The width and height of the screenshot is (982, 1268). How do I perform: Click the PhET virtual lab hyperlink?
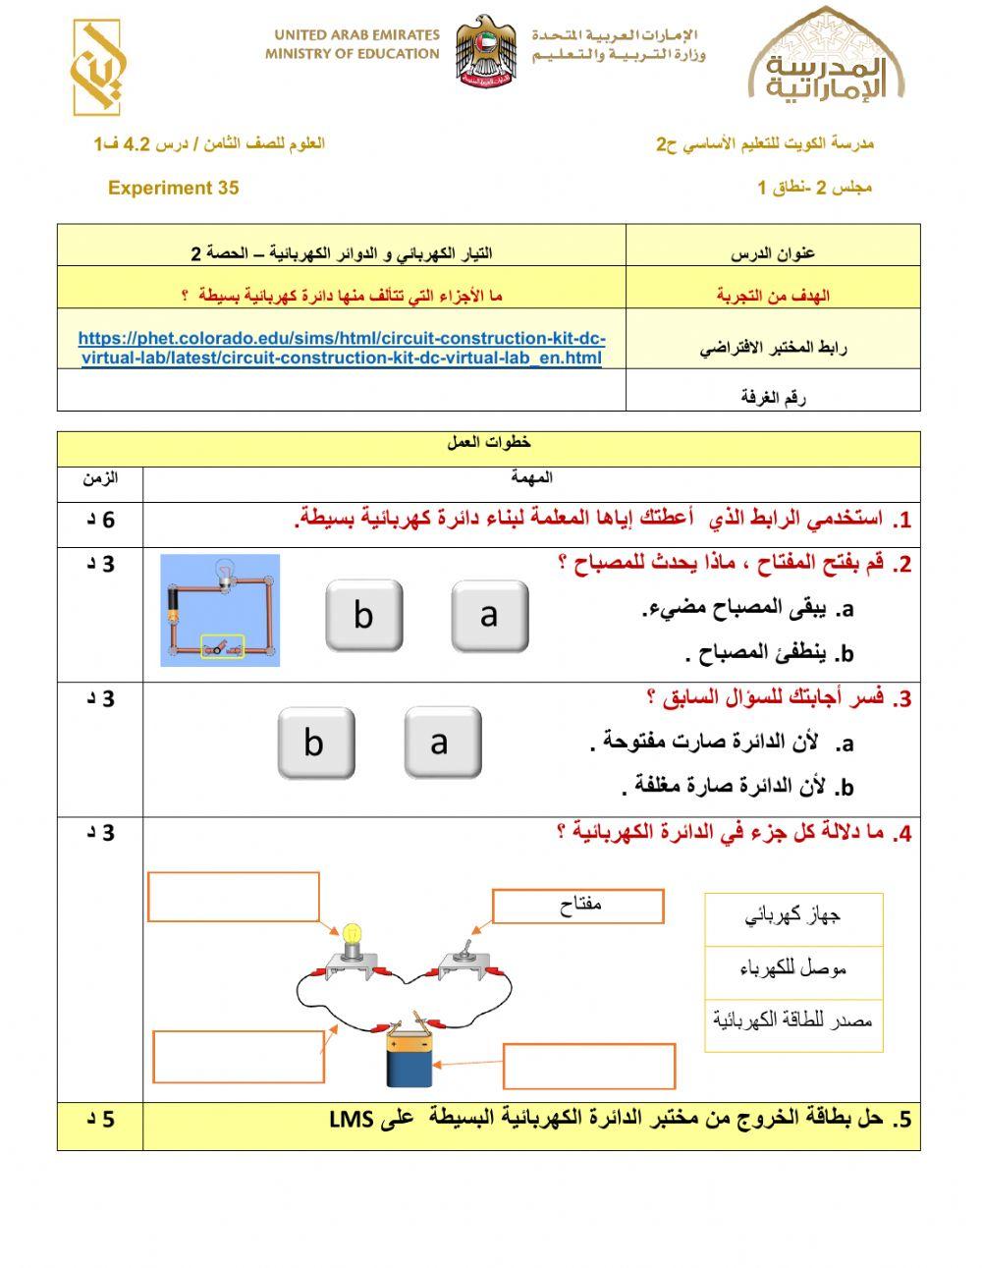tap(342, 348)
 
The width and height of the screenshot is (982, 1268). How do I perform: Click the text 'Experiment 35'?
tap(173, 188)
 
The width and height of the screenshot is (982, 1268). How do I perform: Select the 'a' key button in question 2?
tap(489, 616)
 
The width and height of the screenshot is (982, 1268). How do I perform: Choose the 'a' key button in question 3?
tap(442, 744)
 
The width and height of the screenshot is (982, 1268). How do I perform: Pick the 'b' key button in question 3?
tap(315, 744)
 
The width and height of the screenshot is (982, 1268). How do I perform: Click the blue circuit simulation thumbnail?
tap(220, 610)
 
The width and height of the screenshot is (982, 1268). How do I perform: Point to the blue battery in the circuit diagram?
tap(409, 1057)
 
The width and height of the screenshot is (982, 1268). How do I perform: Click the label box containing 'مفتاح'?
tap(577, 907)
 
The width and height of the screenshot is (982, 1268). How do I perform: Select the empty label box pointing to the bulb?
tap(234, 897)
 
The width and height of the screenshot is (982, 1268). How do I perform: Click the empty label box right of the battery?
tap(588, 1067)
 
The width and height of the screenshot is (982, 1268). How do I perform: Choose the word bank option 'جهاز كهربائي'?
tap(793, 918)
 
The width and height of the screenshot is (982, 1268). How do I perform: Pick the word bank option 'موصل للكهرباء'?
tap(793, 971)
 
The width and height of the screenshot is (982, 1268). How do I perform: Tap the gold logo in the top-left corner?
tap(96, 68)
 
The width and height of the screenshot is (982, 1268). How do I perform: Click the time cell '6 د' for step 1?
tap(100, 520)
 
